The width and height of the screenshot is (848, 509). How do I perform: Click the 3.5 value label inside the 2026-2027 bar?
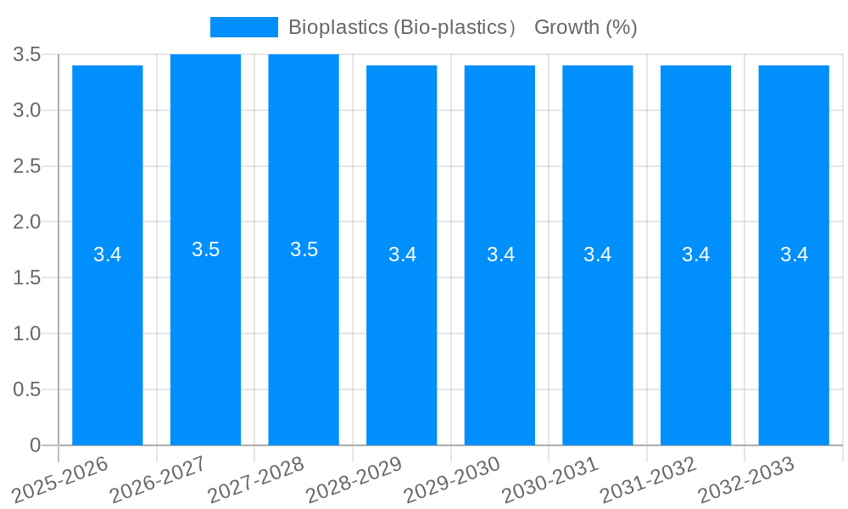(x=205, y=249)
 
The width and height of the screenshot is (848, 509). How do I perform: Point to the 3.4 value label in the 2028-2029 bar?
(x=402, y=255)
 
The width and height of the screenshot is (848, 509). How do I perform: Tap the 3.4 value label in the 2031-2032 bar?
(x=695, y=255)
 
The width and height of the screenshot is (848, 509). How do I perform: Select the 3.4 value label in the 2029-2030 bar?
(x=500, y=255)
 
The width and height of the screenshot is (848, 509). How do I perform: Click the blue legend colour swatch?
(x=243, y=27)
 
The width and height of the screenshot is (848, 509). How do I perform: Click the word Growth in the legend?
(x=566, y=27)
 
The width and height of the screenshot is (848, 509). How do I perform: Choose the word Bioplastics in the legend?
(x=337, y=27)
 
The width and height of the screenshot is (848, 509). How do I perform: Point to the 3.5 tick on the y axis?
(x=27, y=55)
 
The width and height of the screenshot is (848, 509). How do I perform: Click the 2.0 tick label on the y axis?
(x=27, y=222)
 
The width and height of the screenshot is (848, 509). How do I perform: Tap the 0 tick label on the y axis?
(x=35, y=445)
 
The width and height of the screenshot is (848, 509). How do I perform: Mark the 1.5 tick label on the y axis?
(x=27, y=278)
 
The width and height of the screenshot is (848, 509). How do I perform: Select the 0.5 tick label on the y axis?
(x=27, y=390)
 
